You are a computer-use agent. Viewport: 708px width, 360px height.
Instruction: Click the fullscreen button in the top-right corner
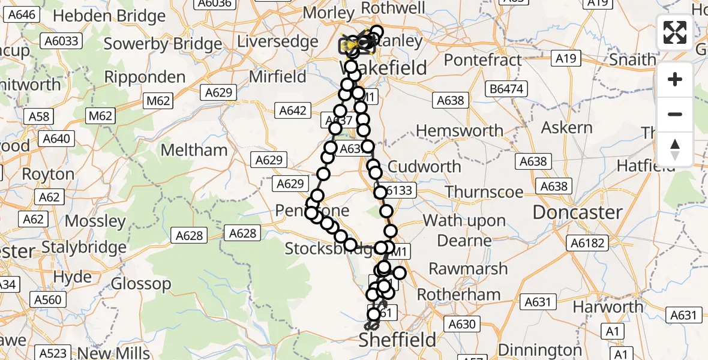click(x=675, y=32)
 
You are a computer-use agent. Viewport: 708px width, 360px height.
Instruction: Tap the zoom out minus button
click(x=675, y=114)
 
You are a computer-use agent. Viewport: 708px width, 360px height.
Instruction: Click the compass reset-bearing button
click(x=675, y=149)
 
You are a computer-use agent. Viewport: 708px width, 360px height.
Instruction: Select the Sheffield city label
click(x=397, y=340)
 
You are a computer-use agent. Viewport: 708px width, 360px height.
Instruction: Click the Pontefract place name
click(x=483, y=60)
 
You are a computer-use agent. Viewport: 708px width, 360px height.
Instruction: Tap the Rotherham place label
click(x=458, y=295)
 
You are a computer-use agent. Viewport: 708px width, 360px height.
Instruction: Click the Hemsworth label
click(x=460, y=131)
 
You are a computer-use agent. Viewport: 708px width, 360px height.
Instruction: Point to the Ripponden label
click(x=145, y=77)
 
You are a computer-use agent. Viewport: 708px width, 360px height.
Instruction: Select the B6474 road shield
click(x=506, y=89)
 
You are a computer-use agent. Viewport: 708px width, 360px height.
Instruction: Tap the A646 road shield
click(x=19, y=14)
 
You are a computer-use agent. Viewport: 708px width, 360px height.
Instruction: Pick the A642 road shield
click(x=293, y=110)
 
